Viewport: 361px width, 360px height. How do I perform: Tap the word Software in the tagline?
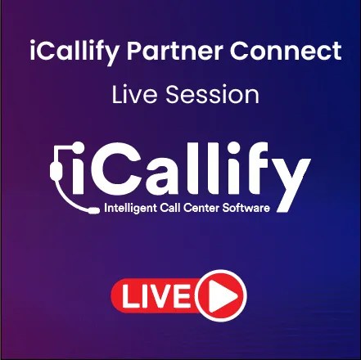(246, 209)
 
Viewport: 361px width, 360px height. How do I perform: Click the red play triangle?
(222, 295)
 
